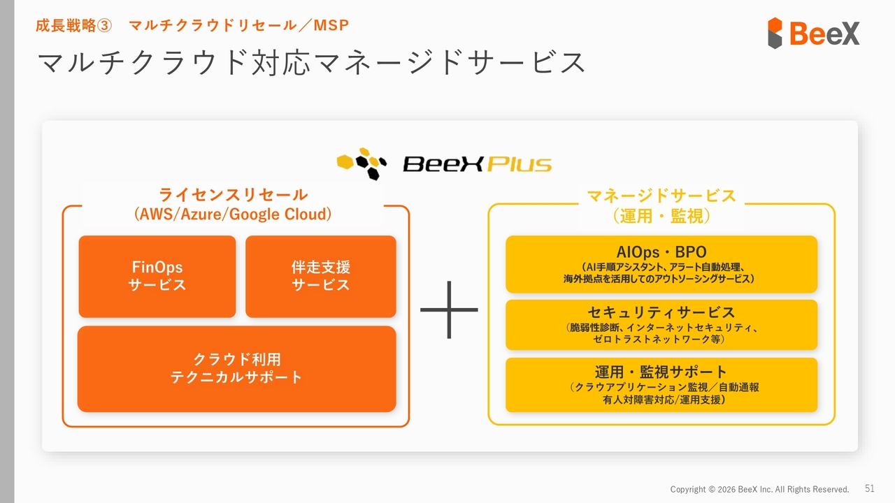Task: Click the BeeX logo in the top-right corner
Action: coord(813,33)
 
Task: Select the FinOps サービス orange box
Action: coord(157,277)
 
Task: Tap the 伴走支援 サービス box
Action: coord(320,277)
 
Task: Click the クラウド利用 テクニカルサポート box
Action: coord(236,369)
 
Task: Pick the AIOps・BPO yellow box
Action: coord(661,263)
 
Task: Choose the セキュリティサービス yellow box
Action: coord(661,325)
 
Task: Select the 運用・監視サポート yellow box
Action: coord(661,385)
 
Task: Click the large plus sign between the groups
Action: coord(449,309)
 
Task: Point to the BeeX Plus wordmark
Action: coord(477,165)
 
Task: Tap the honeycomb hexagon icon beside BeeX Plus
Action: coord(361,163)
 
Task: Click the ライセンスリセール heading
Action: coord(233,194)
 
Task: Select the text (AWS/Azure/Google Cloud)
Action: coord(233,214)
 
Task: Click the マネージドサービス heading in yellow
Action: coord(661,196)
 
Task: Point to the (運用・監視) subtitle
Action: coord(661,217)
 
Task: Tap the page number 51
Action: coord(870,488)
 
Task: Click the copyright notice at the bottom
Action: coord(759,489)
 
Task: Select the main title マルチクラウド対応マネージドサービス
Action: coord(311,63)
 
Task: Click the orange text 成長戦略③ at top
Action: coord(73,26)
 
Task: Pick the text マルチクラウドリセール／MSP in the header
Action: coord(239,26)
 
